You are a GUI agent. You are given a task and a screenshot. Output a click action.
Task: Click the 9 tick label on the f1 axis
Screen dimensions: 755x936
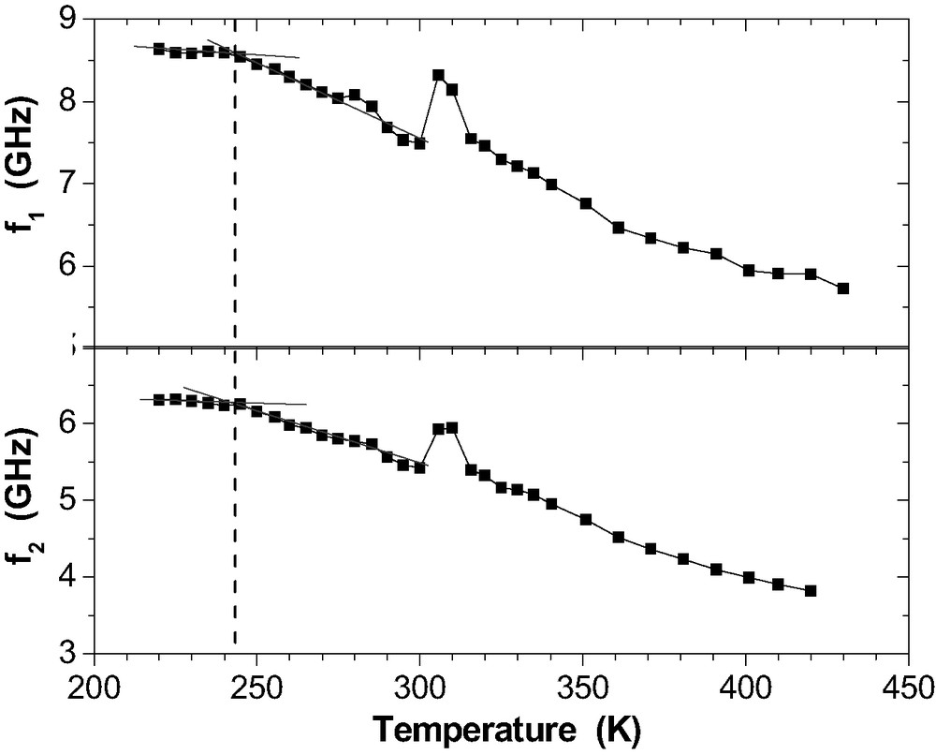point(71,20)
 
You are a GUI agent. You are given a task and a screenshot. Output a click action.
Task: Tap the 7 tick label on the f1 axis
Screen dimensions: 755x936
point(71,184)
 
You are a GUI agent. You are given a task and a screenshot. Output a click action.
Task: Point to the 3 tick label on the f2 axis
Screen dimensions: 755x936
point(71,653)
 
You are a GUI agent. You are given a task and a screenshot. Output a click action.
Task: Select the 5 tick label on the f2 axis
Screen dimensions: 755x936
point(71,499)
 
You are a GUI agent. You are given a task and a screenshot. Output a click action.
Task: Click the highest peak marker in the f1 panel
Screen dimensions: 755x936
point(438,75)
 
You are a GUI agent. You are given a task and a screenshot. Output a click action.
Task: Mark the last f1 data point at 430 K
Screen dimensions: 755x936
point(842,289)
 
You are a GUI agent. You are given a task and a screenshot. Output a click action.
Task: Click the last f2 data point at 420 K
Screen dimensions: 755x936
point(811,590)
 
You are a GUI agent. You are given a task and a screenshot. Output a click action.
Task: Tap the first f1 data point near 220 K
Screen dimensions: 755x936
point(159,49)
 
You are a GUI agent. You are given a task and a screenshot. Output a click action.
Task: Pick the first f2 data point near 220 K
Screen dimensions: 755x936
point(159,399)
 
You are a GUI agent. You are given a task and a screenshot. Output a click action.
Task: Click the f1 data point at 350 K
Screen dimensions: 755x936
point(586,203)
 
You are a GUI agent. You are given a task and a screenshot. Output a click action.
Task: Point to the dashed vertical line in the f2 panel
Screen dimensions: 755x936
point(234,525)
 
